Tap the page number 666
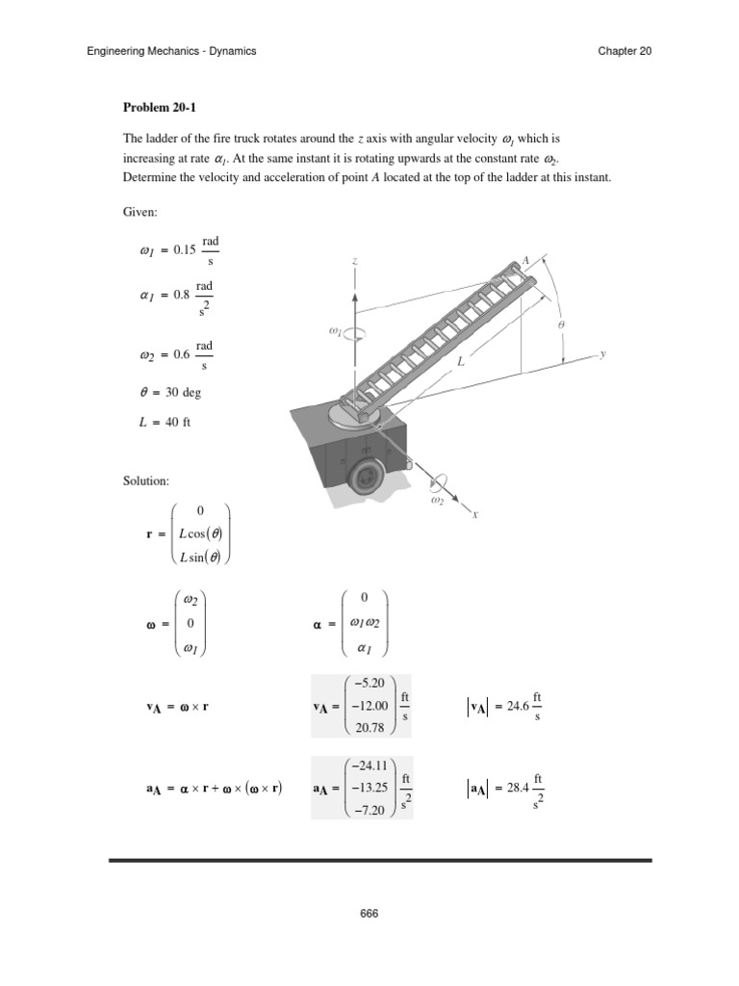[369, 913]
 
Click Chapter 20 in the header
[624, 51]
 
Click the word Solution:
[145, 480]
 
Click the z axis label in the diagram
[356, 261]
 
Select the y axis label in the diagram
[603, 354]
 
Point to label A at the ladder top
[525, 260]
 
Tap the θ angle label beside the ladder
[561, 325]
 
